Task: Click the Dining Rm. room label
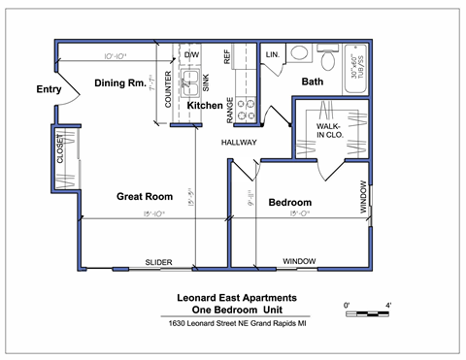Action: point(119,83)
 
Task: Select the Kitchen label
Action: point(205,105)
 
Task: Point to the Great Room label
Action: point(144,196)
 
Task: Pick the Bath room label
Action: point(312,82)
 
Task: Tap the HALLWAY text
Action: point(239,143)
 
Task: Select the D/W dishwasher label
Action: point(191,55)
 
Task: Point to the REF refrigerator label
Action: point(228,58)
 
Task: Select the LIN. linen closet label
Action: point(273,55)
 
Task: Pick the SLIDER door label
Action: point(158,262)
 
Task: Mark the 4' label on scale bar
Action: point(388,306)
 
